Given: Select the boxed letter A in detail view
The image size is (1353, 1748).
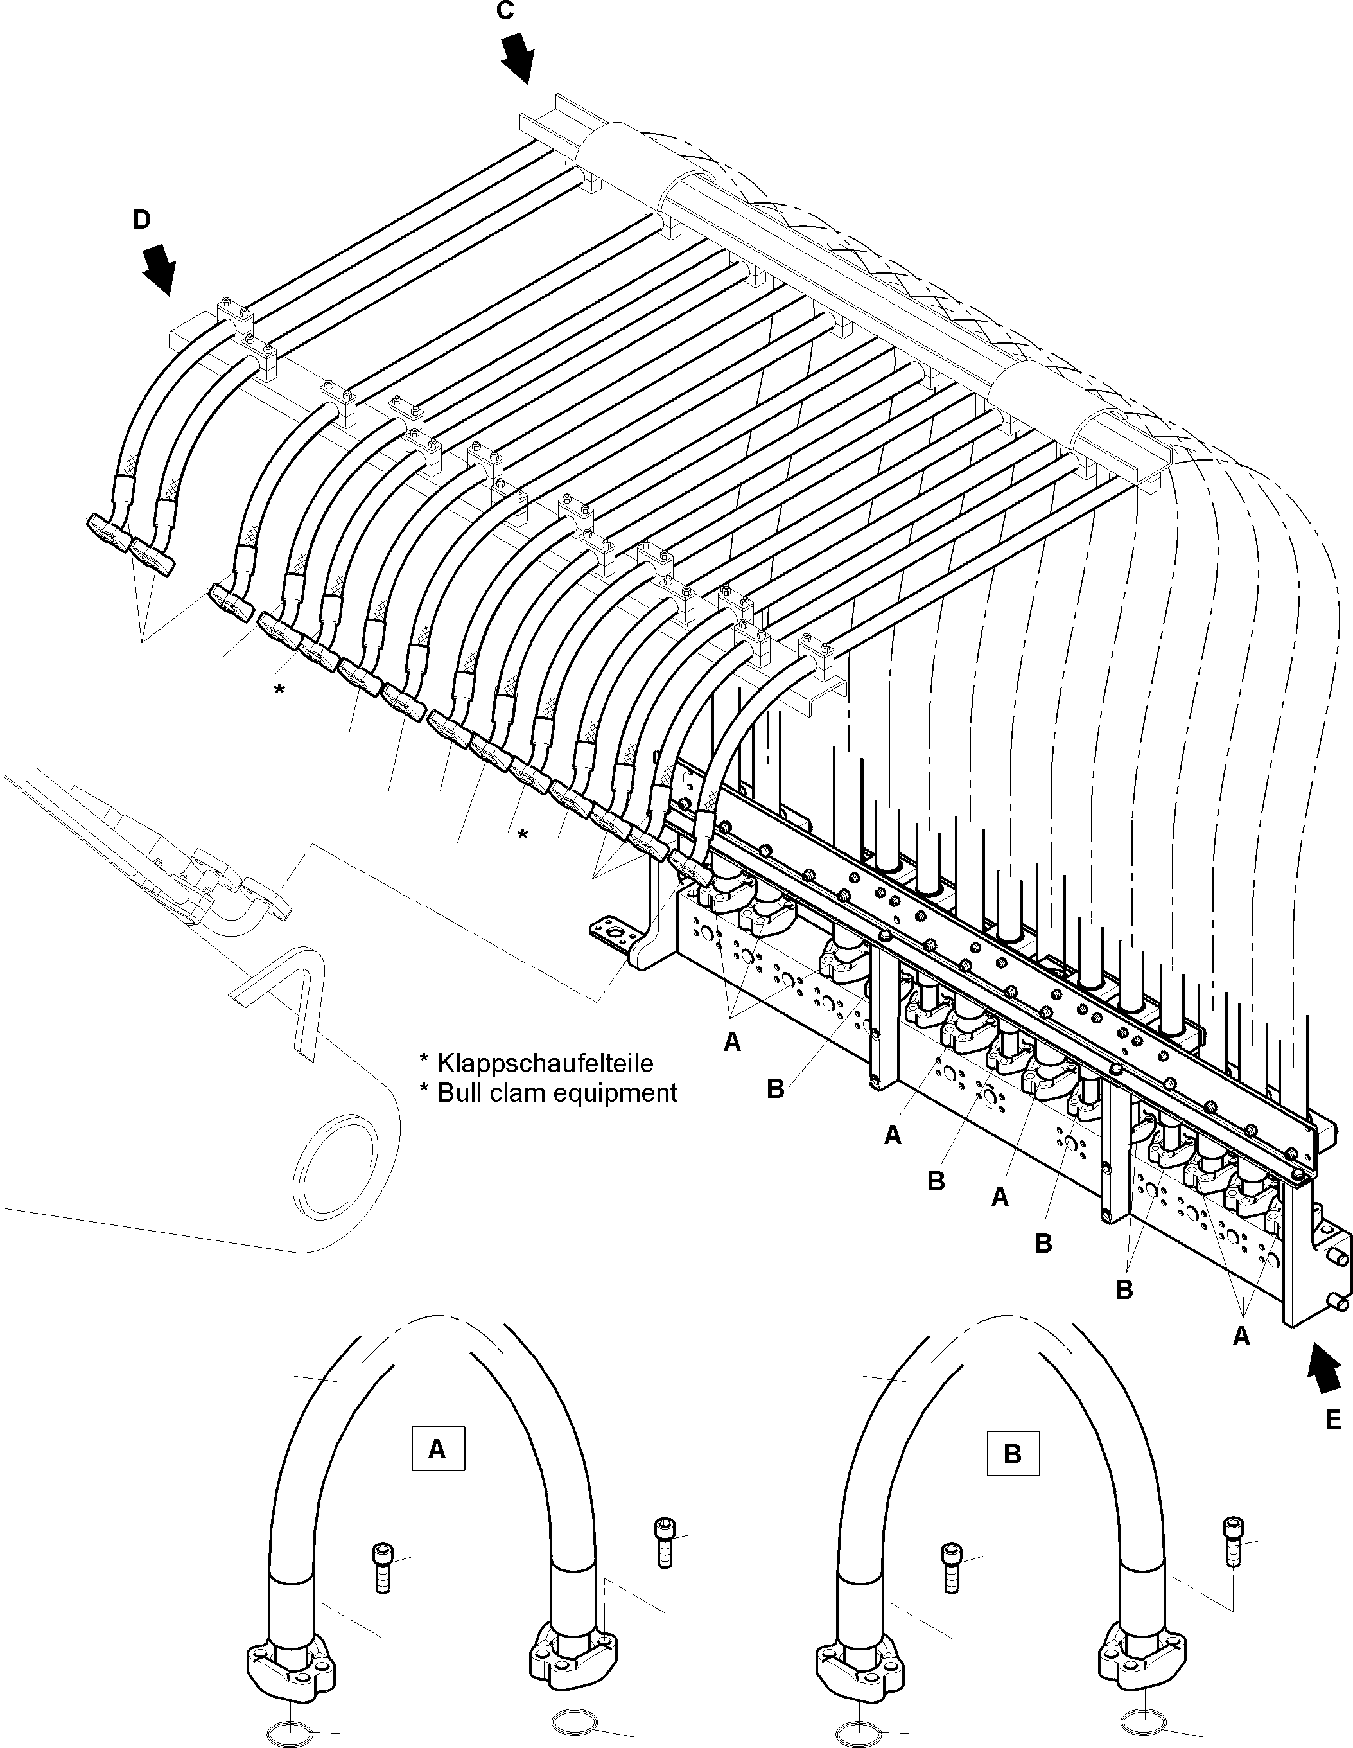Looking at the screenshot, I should pyautogui.click(x=437, y=1449).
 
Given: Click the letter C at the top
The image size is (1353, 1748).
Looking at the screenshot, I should pyautogui.click(x=504, y=11).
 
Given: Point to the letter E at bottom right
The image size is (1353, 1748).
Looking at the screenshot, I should pyautogui.click(x=1333, y=1420).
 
